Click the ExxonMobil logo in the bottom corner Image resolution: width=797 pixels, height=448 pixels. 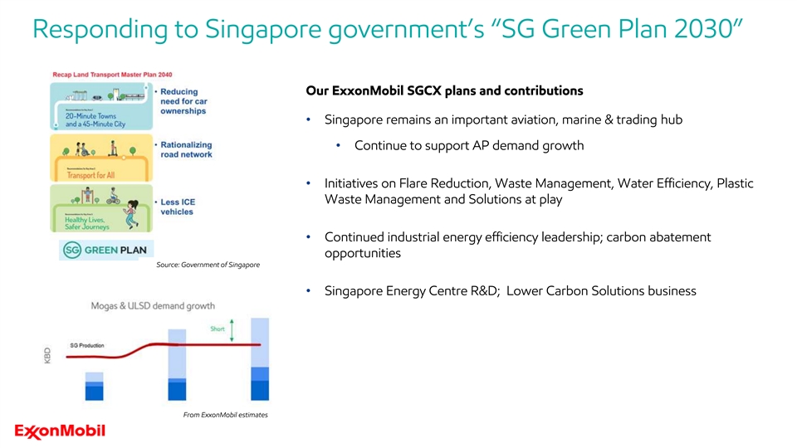[x=60, y=431]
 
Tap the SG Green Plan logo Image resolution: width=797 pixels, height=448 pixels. [x=101, y=250]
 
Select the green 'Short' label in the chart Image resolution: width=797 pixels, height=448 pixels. [x=217, y=329]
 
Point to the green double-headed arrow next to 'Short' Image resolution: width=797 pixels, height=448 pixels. [x=232, y=329]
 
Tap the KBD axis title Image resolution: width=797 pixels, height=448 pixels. [x=47, y=356]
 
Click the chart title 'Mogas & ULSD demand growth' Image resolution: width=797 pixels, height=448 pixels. [x=153, y=306]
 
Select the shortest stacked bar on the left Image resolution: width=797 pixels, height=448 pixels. [x=94, y=387]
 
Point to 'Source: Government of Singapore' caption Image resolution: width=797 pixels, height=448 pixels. [x=208, y=265]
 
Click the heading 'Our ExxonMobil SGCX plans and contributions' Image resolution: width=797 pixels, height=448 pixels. [x=444, y=90]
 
